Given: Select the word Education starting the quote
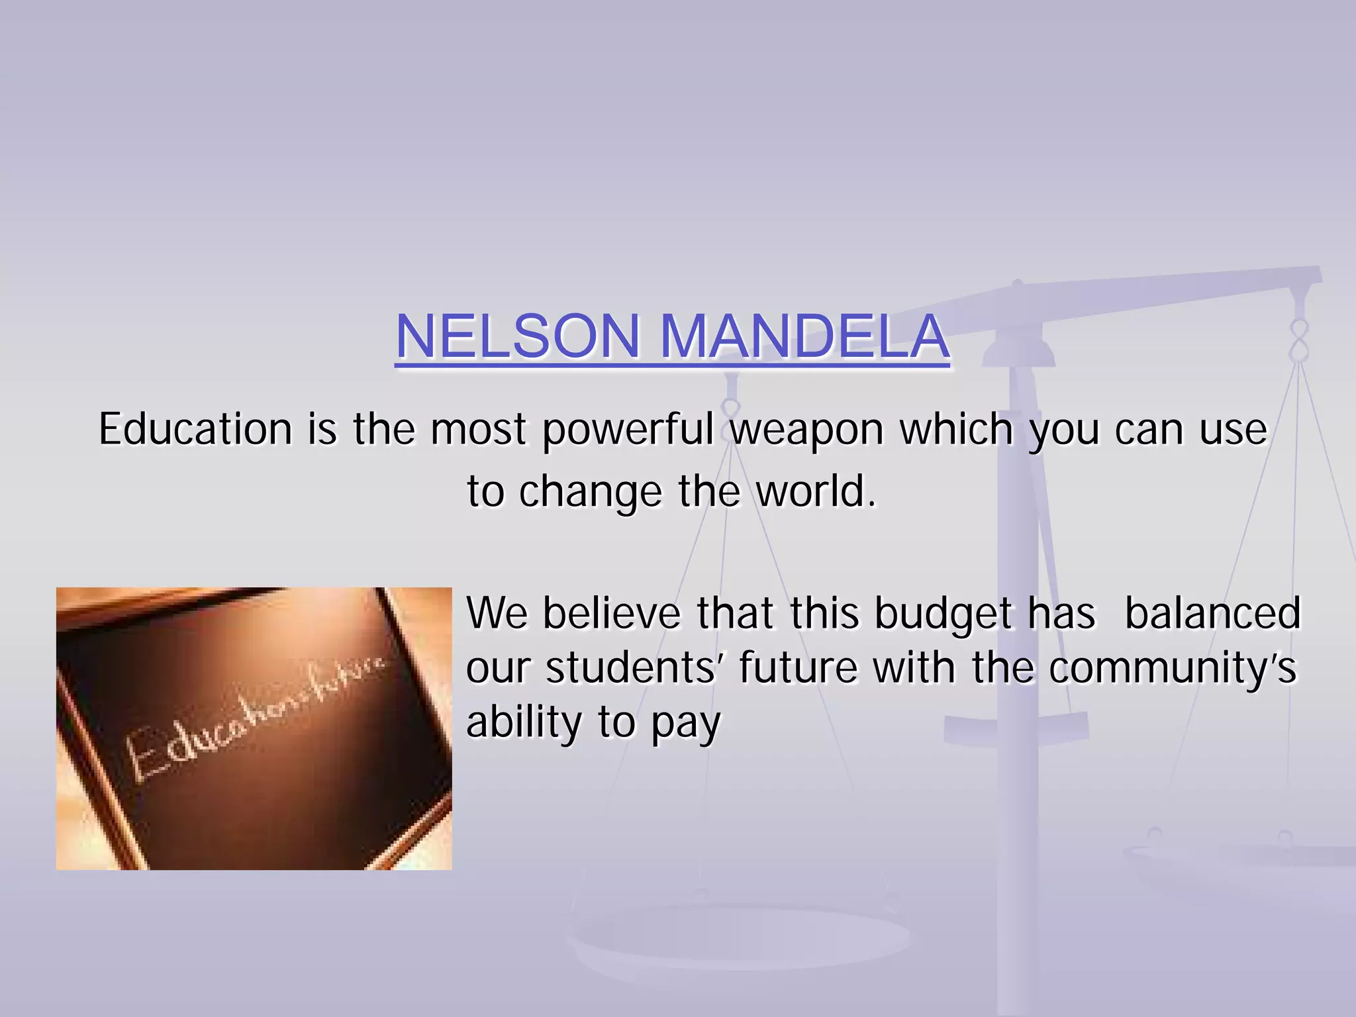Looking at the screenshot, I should pos(195,429).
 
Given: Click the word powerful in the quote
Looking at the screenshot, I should pos(628,430).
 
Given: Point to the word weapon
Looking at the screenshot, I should pos(807,430).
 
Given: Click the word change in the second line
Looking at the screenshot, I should pos(591,493).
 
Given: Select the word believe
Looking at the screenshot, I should pos(612,613).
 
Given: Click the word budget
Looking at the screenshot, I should pos(944,614).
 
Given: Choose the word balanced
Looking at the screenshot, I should pos(1213,613).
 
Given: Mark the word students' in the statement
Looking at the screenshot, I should pos(634,667).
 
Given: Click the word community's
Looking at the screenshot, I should pos(1173,669).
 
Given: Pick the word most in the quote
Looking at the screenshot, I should pos(479,429).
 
